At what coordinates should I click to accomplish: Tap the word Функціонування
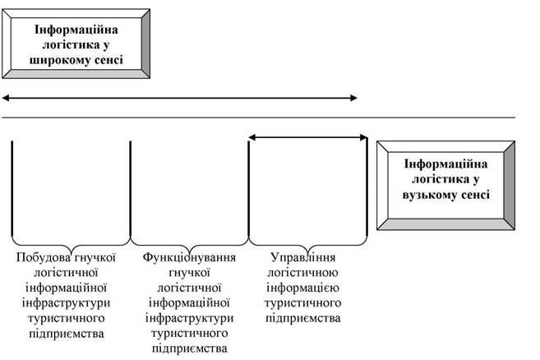189,257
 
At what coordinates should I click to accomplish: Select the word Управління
303,257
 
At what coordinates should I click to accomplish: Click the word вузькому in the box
429,195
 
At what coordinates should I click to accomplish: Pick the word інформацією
303,288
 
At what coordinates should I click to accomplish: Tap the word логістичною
303,273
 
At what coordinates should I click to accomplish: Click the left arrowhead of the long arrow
6,98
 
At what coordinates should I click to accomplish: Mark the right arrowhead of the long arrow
353,98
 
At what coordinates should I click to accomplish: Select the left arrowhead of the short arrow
252,138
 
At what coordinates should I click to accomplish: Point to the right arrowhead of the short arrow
363,138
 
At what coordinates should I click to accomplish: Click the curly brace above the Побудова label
71,244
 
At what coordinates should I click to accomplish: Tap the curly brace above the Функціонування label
189,244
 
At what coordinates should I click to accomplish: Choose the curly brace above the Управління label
308,244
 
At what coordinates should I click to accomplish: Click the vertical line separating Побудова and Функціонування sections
131,189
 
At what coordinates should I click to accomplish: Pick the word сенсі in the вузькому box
476,195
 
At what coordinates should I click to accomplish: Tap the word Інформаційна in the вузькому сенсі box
446,164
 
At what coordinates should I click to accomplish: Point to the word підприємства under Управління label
303,318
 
